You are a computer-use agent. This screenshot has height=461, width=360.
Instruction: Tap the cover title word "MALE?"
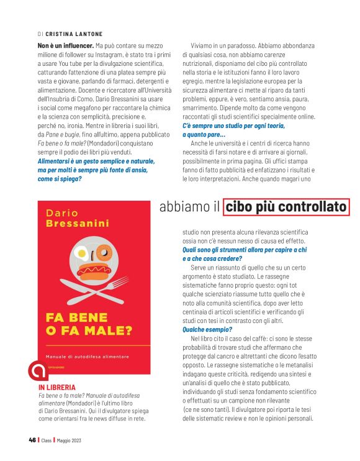point(108,331)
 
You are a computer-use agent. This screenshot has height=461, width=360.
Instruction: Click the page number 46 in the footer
point(32,440)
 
